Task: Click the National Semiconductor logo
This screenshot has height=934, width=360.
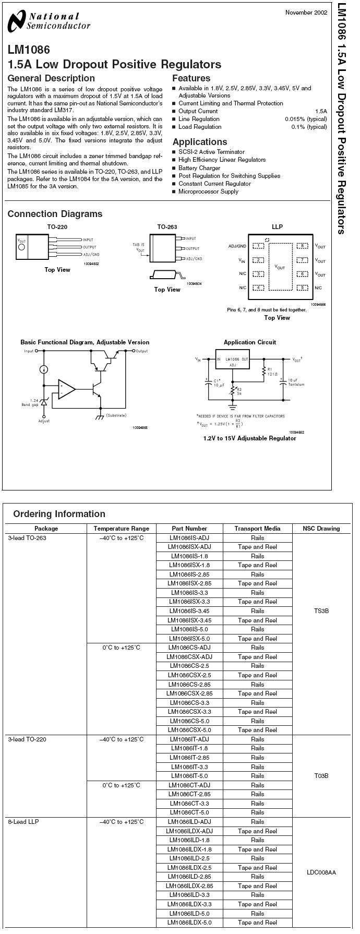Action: pos(50,21)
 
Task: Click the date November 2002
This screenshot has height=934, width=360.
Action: pos(306,13)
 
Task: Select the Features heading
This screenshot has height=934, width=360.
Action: pos(191,78)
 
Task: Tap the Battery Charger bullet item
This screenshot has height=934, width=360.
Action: pos(199,168)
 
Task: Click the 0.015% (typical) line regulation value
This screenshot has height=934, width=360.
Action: pos(306,119)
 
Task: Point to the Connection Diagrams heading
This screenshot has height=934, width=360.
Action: pos(55,214)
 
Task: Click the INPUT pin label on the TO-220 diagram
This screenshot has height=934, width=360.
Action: pos(88,240)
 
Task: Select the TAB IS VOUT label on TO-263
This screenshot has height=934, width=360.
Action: pos(138,247)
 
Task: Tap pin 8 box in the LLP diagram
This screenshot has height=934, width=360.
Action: pos(302,246)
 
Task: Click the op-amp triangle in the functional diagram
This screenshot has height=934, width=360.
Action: pos(66,389)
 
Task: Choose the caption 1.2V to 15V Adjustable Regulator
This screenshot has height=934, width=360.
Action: pos(249,438)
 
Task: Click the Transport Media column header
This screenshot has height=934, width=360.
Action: pos(257,529)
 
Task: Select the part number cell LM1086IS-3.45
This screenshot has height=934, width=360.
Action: pos(190,611)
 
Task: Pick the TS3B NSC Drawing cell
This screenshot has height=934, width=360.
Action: pos(322,611)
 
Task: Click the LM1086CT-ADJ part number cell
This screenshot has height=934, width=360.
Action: pos(190,785)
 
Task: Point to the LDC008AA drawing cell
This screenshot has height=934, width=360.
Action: pos(322,872)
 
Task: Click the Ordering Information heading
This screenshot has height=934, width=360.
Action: pos(59,514)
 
